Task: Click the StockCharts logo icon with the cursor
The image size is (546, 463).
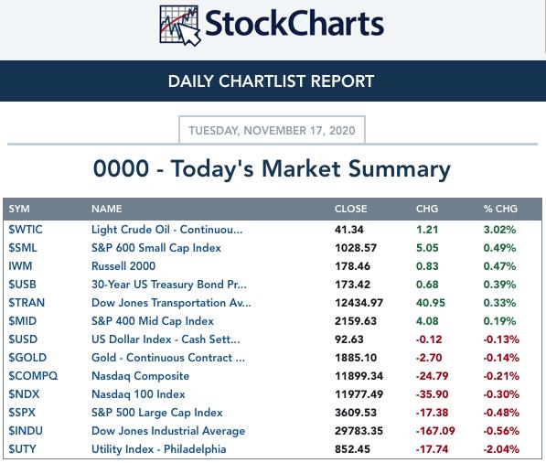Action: click(180, 26)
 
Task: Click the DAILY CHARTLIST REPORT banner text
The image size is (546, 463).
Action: click(271, 81)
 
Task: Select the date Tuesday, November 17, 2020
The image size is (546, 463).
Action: click(272, 131)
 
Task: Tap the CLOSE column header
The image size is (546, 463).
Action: click(350, 209)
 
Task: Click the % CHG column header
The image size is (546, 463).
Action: click(500, 209)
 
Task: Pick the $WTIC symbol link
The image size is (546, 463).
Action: click(26, 230)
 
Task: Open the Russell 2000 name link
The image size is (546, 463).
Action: click(123, 266)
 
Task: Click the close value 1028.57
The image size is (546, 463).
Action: click(356, 248)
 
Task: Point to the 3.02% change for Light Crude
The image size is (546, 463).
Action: click(499, 230)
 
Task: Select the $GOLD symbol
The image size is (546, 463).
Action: click(27, 358)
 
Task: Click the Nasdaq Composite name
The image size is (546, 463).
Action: click(140, 376)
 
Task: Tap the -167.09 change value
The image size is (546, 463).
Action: click(435, 431)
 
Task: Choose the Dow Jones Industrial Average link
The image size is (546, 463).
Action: click(168, 431)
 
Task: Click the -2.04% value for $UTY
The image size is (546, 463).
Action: click(501, 449)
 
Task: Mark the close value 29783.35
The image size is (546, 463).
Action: click(359, 431)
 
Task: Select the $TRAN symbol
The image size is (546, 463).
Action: click(27, 303)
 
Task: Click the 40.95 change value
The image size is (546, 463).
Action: click(431, 303)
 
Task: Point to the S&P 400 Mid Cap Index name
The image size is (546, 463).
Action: click(153, 321)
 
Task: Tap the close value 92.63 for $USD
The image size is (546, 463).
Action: click(349, 339)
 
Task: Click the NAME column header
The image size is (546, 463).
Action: click(107, 209)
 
